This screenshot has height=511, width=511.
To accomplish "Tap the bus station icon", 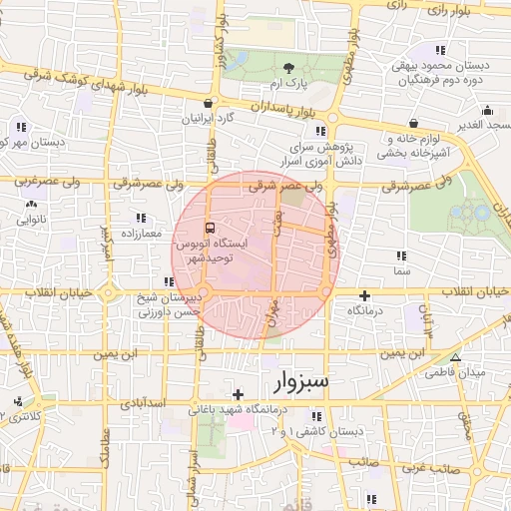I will (x=209, y=227).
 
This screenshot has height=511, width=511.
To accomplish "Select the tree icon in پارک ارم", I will (x=289, y=68).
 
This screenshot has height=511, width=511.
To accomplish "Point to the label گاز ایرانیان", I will (x=207, y=118).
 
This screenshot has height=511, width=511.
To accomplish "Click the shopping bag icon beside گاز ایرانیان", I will (x=208, y=102).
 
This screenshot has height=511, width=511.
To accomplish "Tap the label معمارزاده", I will (x=138, y=232).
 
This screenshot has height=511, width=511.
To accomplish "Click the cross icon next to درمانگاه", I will (x=364, y=295).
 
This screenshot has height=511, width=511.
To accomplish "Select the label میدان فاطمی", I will (x=458, y=372).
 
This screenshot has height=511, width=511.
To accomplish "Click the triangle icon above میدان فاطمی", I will (x=456, y=357).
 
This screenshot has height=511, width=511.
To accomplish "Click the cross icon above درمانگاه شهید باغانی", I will (x=238, y=395).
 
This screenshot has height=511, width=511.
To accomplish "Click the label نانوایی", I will (x=30, y=218).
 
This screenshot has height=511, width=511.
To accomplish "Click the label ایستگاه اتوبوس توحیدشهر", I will (x=204, y=251).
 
